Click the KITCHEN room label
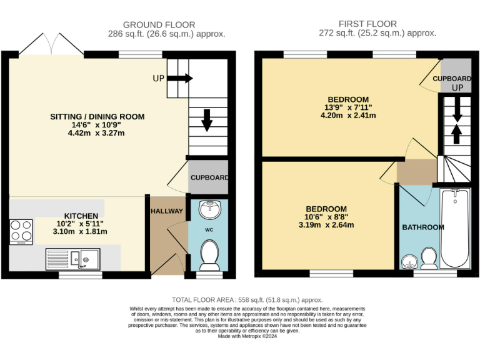tap(81, 216)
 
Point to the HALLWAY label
tap(166, 211)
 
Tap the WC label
tap(208, 229)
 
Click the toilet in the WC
tap(208, 254)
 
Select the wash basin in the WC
tap(208, 209)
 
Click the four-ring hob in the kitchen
tap(21, 232)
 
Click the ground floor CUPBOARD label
tap(209, 177)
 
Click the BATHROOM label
tap(423, 227)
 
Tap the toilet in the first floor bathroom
tap(429, 257)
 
